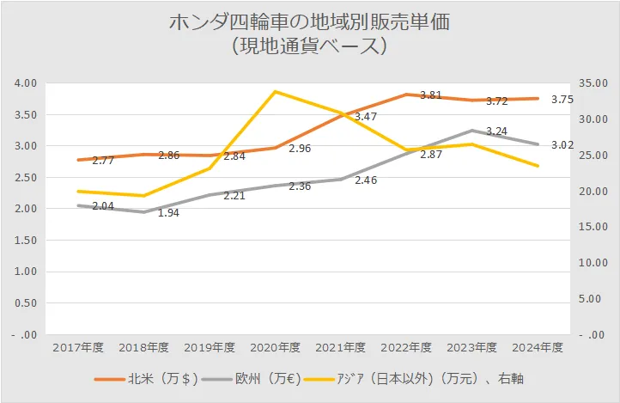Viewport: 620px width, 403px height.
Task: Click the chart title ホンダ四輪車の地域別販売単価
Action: [x=310, y=21]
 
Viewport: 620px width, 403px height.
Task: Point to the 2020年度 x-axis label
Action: [x=276, y=347]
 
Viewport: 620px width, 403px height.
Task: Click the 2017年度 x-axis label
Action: [x=78, y=347]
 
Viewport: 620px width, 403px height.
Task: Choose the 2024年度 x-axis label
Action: [x=538, y=347]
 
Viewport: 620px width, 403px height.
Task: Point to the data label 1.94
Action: [x=168, y=212]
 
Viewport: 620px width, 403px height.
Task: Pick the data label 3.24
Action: [x=497, y=131]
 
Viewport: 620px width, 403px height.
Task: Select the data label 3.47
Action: [x=366, y=116]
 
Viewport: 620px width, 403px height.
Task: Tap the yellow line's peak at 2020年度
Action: [x=276, y=91]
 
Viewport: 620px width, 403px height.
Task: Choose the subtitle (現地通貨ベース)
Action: [x=310, y=46]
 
